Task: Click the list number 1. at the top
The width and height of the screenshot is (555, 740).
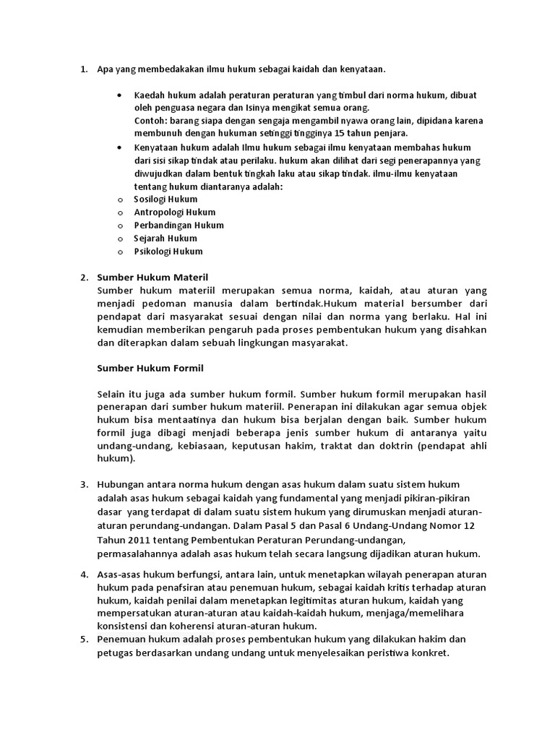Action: tap(84, 69)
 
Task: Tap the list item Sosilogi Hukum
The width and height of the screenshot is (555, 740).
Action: tap(165, 199)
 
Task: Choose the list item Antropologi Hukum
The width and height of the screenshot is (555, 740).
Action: tap(174, 212)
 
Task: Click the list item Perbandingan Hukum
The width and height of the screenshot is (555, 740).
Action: tap(178, 225)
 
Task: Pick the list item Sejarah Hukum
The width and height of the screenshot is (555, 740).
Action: tap(165, 238)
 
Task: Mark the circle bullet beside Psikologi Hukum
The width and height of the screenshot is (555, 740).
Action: tap(120, 251)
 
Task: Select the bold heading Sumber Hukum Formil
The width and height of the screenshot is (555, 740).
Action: tap(150, 368)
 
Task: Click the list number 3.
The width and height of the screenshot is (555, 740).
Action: tap(84, 483)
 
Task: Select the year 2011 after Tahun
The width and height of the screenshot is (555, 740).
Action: tap(137, 540)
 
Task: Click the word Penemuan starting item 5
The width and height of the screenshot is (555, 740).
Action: tap(121, 639)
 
